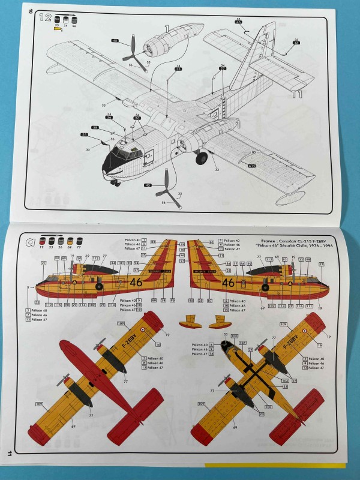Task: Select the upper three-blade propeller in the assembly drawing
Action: [x=133, y=52]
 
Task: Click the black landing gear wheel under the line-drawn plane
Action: [x=202, y=158]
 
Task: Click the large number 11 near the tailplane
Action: [x=296, y=94]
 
